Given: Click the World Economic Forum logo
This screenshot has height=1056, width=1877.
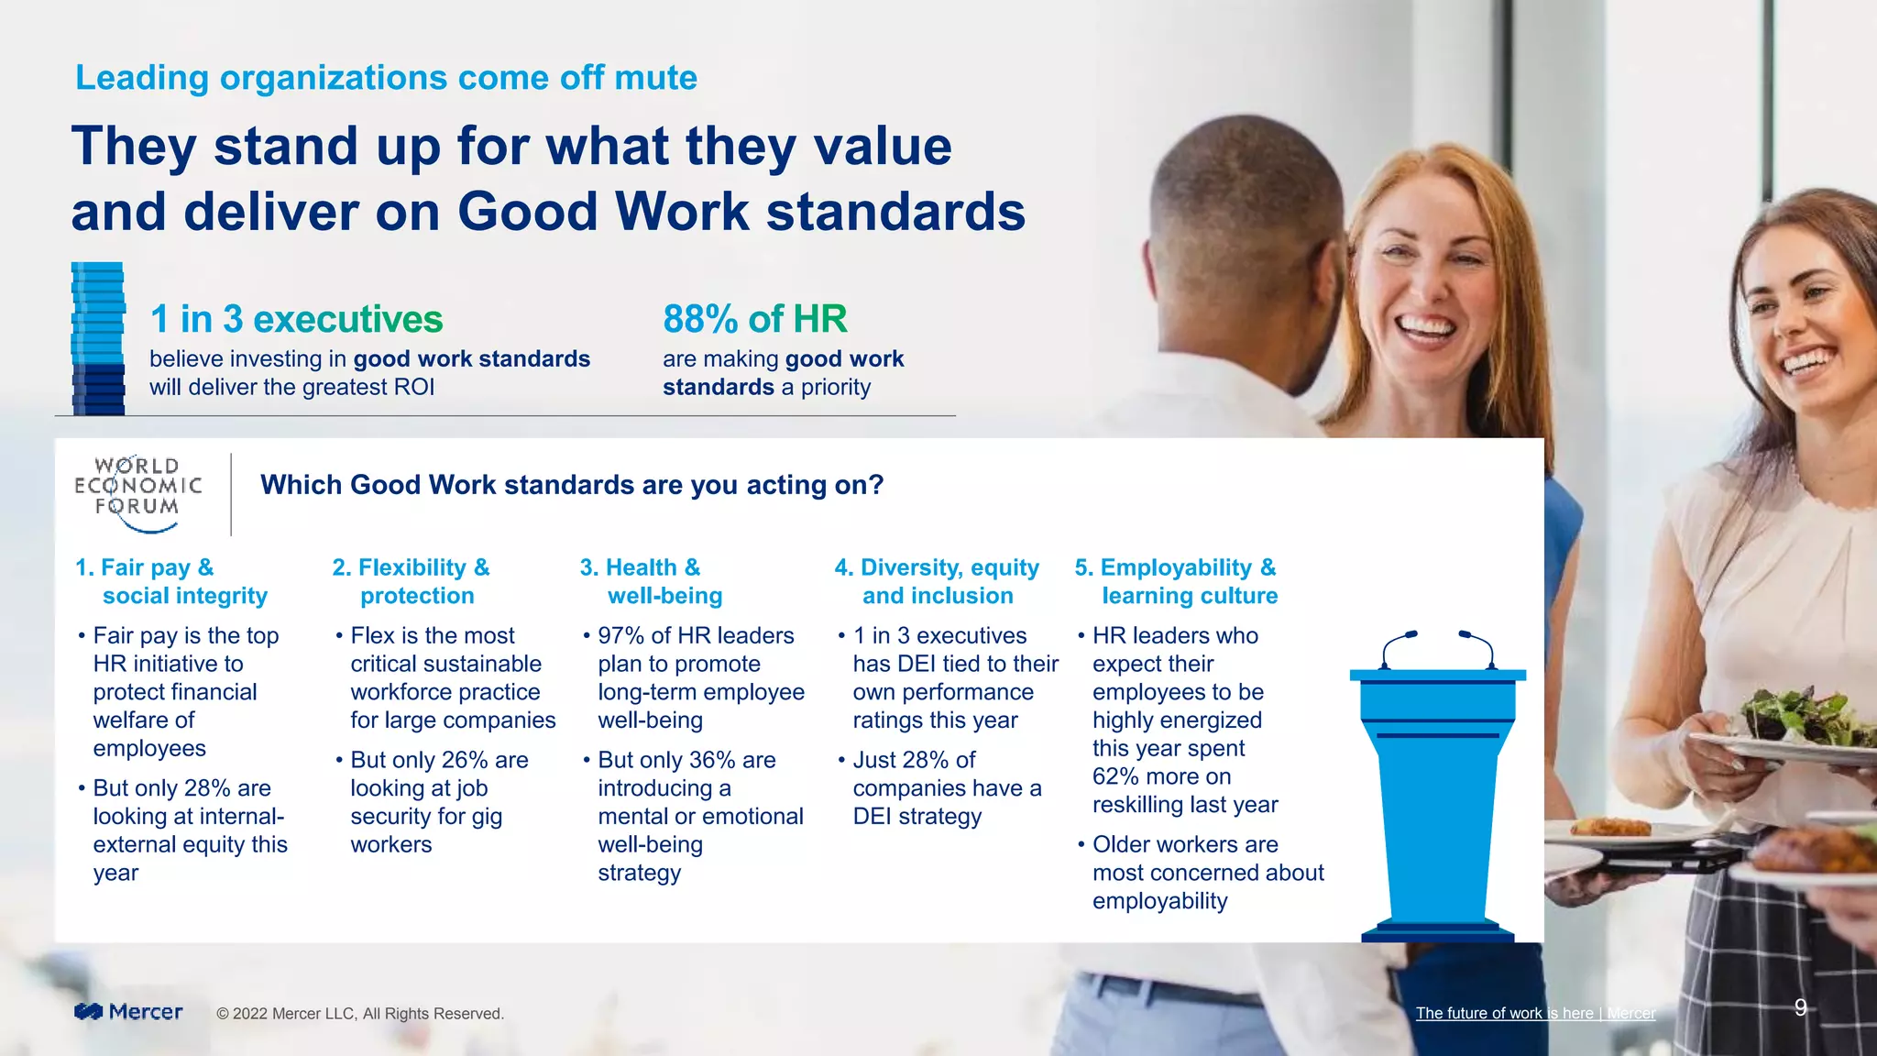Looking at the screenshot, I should [x=137, y=493].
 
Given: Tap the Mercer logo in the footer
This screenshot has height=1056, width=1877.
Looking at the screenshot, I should [x=128, y=1012].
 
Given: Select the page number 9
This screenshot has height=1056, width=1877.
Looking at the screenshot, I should [x=1800, y=1007].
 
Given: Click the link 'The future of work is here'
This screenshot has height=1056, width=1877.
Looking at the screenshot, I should [x=1504, y=1013].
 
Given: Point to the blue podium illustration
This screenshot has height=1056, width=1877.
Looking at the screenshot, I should [x=1437, y=788].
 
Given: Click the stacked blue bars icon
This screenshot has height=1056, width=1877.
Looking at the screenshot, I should [x=98, y=339].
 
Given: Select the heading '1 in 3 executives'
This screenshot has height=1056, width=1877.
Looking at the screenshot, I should [x=296, y=319].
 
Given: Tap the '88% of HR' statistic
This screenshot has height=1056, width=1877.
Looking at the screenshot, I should [x=754, y=319].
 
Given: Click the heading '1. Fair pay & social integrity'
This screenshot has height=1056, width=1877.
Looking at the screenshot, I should [x=171, y=581].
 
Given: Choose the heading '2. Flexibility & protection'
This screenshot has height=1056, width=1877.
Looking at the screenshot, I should [x=412, y=581].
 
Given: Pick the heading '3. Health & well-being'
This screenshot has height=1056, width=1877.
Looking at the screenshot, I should [x=652, y=581].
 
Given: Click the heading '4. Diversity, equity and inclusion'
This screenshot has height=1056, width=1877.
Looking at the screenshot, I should [x=937, y=581].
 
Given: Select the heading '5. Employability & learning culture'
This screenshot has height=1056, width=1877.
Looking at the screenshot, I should [x=1177, y=581].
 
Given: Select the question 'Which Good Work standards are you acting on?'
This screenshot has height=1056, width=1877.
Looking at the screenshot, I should [x=572, y=485].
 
